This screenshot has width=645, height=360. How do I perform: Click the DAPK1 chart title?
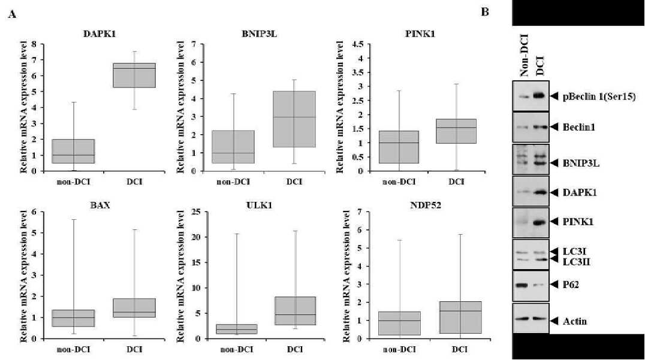coord(99,34)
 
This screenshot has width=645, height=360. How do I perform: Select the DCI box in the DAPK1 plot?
coord(134,75)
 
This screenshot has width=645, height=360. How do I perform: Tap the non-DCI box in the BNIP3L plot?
coord(233,147)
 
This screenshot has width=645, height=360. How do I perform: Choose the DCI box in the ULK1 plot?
coord(294,311)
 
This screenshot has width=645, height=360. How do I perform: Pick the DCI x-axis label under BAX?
coord(134,350)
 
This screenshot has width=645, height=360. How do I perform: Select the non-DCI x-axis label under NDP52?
coord(399,350)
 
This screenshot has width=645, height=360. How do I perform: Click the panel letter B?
coord(485,13)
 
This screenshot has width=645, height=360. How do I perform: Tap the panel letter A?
coord(12,15)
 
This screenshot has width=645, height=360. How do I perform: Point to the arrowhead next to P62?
coord(554,285)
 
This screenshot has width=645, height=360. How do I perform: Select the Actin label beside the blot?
coord(575,321)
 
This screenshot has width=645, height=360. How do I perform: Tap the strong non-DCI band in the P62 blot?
coord(522,285)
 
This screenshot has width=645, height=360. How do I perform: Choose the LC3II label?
coord(576,262)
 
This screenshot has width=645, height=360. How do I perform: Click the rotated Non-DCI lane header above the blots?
coord(523,56)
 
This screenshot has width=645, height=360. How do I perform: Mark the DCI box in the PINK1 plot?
coord(456,131)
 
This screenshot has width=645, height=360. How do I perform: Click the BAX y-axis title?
coord(24,275)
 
